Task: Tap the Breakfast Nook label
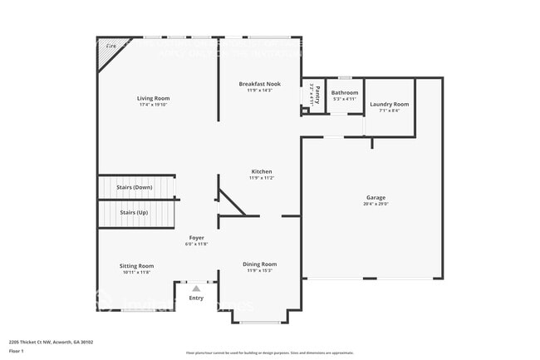(259, 84)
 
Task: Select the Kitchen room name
(261, 171)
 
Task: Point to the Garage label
(376, 198)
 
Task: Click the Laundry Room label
(390, 104)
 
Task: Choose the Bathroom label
(344, 92)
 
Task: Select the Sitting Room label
(137, 266)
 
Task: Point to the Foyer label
(196, 238)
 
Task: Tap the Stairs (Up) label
(135, 213)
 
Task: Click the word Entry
(196, 298)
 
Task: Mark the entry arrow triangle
(196, 288)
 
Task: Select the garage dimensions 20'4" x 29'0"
(376, 204)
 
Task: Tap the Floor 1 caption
(17, 352)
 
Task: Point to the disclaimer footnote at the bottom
(269, 353)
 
